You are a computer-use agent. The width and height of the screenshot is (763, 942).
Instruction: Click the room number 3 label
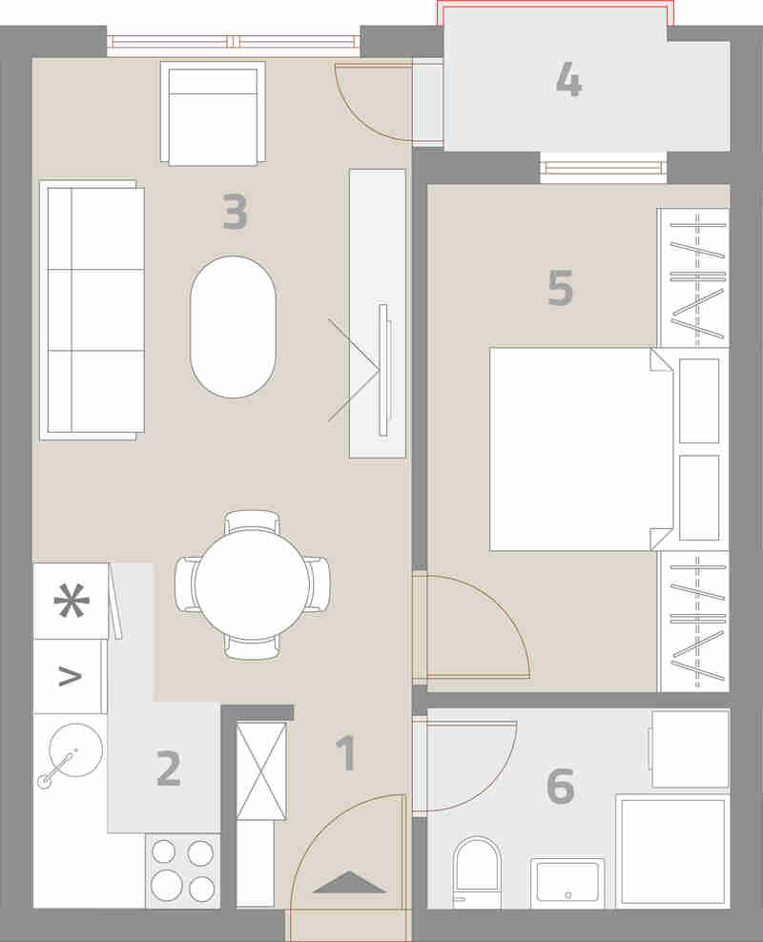[235, 212]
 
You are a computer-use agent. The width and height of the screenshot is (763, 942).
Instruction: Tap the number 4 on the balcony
[568, 79]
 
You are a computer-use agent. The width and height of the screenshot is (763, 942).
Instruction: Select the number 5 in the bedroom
[560, 288]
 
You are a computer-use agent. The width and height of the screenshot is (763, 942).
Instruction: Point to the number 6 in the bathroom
[560, 786]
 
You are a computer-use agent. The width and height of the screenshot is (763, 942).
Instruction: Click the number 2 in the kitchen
[169, 768]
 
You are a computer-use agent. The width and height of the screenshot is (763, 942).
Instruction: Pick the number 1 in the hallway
[346, 753]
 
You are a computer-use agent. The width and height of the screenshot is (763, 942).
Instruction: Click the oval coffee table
[233, 327]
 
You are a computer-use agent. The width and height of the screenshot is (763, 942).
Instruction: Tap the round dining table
[253, 584]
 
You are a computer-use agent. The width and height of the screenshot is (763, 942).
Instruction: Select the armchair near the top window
[213, 113]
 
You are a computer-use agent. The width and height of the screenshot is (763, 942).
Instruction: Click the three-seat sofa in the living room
[92, 310]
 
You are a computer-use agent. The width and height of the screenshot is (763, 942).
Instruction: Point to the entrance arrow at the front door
[349, 883]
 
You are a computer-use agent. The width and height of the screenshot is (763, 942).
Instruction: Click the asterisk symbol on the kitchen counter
[72, 600]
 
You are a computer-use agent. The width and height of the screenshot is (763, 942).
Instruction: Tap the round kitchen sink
[75, 749]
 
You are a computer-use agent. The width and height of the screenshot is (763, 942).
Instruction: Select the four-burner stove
[182, 870]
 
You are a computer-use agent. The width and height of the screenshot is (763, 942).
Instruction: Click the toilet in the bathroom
[477, 872]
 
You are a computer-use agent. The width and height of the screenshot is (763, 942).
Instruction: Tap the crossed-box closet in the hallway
[261, 770]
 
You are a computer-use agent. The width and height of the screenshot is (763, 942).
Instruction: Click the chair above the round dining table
[253, 521]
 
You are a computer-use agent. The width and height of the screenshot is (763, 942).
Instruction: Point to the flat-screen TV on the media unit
[383, 370]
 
